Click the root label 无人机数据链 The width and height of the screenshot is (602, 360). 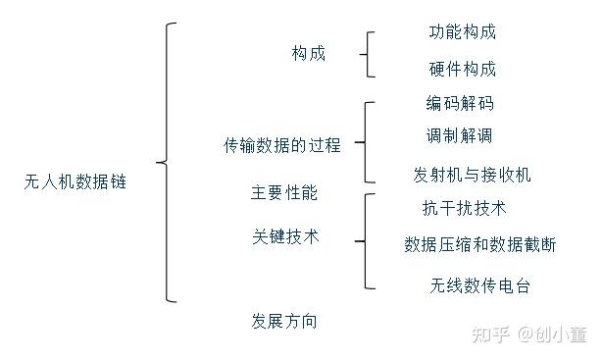click(x=75, y=181)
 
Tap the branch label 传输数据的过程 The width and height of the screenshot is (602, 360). click(x=282, y=145)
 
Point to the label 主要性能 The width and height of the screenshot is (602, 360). click(x=284, y=192)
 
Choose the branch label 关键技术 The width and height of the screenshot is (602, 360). click(x=284, y=237)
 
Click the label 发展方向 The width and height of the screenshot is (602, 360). click(x=284, y=321)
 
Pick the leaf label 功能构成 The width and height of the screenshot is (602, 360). click(x=462, y=31)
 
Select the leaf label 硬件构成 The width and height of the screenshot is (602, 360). click(x=462, y=70)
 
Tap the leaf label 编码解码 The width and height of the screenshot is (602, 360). click(x=459, y=103)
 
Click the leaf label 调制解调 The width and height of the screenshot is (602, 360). click(x=459, y=134)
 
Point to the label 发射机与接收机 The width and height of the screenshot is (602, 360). click(x=472, y=175)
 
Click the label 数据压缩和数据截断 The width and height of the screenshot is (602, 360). click(x=479, y=245)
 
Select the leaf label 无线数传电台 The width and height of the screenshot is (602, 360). click(x=479, y=286)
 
